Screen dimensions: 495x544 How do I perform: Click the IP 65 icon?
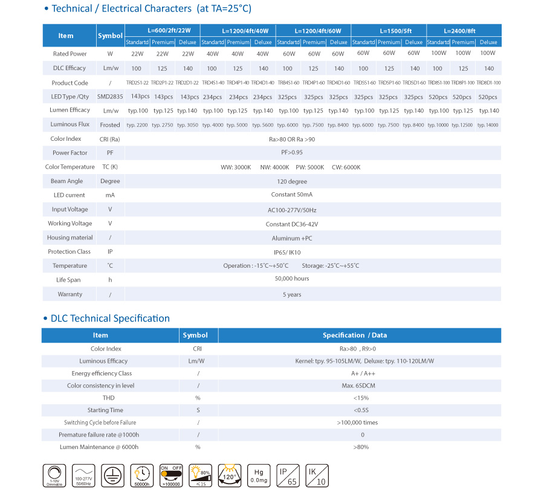tap(288, 475)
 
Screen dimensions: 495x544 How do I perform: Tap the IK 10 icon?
tap(317, 475)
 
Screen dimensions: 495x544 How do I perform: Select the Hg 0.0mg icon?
tap(259, 475)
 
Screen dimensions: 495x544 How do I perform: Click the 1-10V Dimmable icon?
tap(54, 476)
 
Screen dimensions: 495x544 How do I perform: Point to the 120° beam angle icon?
tap(230, 475)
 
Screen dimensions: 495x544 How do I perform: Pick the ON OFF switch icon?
tap(172, 476)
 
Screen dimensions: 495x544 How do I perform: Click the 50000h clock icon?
tap(142, 476)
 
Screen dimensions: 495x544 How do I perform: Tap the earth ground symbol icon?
tap(113, 476)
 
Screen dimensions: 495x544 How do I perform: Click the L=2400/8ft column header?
tap(464, 30)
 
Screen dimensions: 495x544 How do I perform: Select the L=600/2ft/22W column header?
tap(162, 30)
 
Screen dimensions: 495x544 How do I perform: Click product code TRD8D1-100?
tap(488, 83)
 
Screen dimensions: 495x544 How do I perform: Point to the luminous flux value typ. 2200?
tap(137, 125)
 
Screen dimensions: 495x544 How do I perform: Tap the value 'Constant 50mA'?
tap(292, 195)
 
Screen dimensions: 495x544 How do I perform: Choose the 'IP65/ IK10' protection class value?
tap(292, 252)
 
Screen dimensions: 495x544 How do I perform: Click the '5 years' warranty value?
tap(292, 294)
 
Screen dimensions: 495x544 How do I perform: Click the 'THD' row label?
tap(109, 398)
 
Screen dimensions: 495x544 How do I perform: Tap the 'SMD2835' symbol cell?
tap(110, 97)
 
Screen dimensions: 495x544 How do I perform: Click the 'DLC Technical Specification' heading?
tap(110, 319)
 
